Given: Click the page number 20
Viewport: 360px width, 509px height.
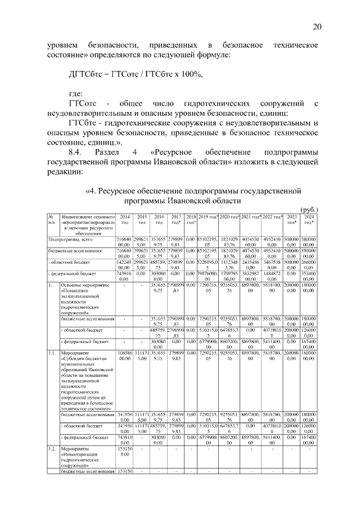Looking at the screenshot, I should pyautogui.click(x=317, y=26).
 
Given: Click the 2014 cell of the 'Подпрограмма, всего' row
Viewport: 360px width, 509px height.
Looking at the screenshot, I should pyautogui.click(x=124, y=241).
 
